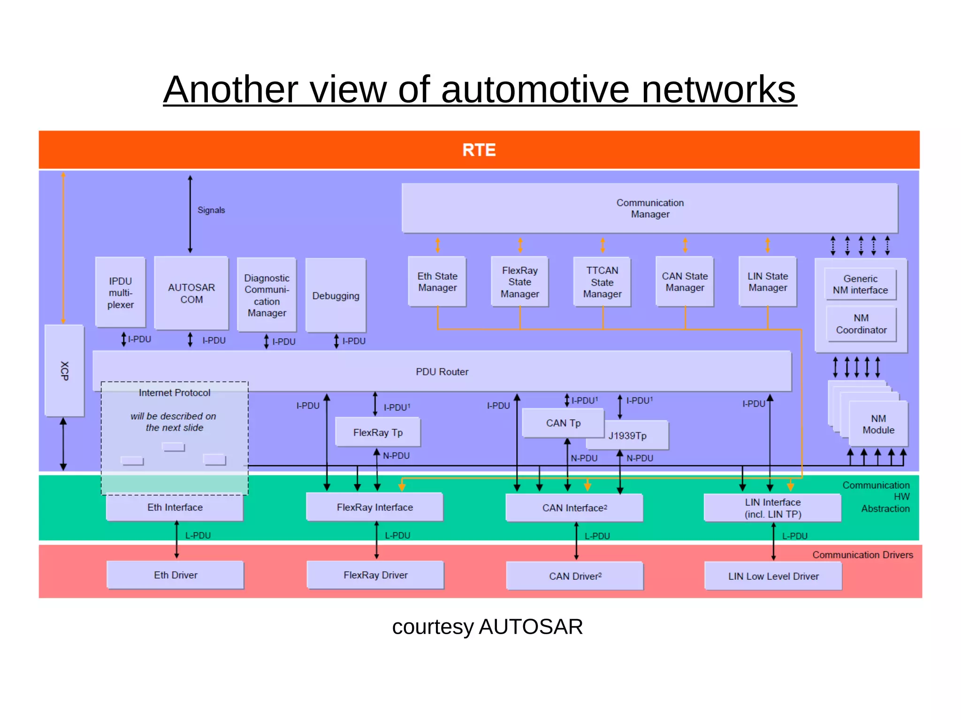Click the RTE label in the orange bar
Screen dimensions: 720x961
[479, 150]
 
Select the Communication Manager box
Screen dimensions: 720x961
[649, 208]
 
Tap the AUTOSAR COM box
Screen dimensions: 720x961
[191, 293]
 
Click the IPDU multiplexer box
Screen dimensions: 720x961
[120, 293]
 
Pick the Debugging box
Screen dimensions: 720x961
[336, 296]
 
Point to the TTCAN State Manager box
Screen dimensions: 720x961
[602, 282]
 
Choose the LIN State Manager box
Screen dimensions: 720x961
[767, 282]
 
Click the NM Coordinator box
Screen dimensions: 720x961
[861, 324]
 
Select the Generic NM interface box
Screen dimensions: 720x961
[860, 284]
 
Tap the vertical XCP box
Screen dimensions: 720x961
[64, 371]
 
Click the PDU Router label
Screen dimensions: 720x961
[442, 371]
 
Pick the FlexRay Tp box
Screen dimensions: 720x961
[378, 432]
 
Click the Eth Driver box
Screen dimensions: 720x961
[175, 575]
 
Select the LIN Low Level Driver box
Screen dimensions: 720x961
[773, 576]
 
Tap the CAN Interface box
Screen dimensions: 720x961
[574, 508]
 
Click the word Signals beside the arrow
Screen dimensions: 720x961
[211, 210]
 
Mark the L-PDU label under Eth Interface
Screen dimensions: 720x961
[198, 536]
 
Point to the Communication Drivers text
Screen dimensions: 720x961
[862, 555]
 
